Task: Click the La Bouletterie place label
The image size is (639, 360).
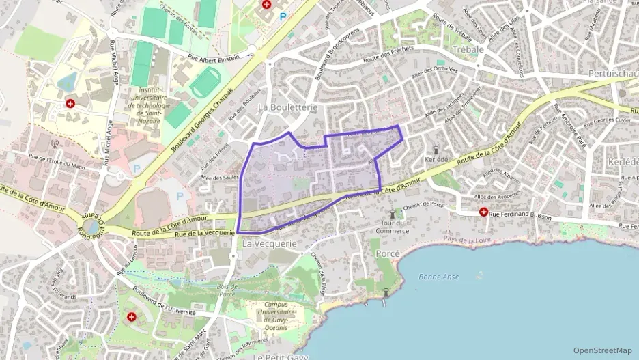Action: tap(287, 107)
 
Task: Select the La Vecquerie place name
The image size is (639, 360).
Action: tap(269, 243)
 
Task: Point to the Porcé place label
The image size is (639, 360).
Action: tap(388, 253)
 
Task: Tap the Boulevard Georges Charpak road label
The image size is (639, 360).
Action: tap(202, 120)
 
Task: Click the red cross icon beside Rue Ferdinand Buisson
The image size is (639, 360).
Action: tap(484, 212)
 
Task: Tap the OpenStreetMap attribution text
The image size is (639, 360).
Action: tap(602, 350)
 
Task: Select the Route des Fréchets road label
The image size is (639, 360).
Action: tap(390, 58)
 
